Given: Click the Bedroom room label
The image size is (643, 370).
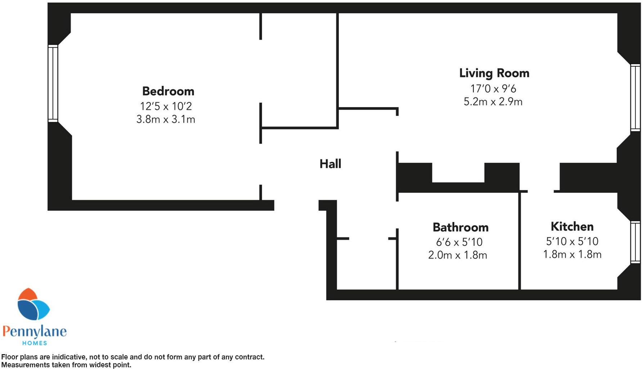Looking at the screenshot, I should [168, 91].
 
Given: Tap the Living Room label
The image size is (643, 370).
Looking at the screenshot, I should [494, 73].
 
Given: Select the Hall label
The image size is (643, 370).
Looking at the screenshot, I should [330, 164].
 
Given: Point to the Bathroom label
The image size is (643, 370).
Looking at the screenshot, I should [460, 227].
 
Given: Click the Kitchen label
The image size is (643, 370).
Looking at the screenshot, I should [572, 227].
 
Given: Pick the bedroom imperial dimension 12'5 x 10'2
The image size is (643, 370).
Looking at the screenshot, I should [166, 106].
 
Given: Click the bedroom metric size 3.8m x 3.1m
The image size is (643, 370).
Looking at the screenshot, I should [166, 119].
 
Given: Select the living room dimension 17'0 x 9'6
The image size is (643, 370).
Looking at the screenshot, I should [493, 89].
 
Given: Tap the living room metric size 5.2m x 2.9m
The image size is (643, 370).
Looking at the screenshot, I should [493, 102].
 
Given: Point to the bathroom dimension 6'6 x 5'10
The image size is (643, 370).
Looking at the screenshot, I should [459, 242].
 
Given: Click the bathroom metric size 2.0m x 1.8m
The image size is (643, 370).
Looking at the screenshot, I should [458, 255].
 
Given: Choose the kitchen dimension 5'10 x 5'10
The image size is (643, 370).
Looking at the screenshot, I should [572, 241].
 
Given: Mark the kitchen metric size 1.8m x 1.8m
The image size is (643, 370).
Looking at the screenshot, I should [572, 254].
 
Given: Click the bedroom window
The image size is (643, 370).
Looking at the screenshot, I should [53, 83].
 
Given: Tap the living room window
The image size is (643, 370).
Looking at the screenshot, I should [635, 98].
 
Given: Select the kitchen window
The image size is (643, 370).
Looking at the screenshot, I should [635, 242].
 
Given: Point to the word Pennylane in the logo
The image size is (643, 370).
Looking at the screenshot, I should [35, 331].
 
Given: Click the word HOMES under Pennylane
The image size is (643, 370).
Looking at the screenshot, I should [35, 343].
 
